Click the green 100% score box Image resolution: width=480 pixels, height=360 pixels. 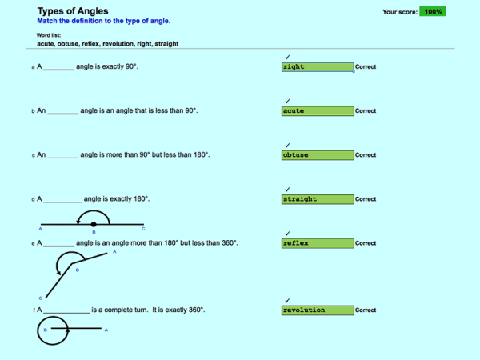click(x=433, y=12)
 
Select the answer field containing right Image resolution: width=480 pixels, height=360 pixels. click(x=318, y=67)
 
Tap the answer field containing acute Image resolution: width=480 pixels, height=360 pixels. click(x=318, y=111)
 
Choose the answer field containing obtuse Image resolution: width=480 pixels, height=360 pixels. click(x=318, y=155)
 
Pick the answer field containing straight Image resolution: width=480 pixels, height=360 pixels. click(x=318, y=199)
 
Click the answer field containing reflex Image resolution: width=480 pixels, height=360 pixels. click(x=318, y=243)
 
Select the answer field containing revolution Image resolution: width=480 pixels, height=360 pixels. click(x=318, y=310)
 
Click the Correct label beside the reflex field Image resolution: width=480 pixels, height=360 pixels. click(x=366, y=243)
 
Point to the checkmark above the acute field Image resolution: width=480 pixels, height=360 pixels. click(x=287, y=101)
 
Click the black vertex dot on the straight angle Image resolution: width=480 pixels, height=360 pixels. click(x=94, y=224)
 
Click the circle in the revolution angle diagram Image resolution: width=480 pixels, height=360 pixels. click(x=52, y=329)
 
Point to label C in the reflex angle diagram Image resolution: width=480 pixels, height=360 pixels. click(x=40, y=298)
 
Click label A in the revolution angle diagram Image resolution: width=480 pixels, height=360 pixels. click(x=106, y=330)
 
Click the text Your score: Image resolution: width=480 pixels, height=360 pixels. click(x=399, y=12)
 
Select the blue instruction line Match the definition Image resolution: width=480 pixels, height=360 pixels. click(x=103, y=22)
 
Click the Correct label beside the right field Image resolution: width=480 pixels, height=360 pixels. click(x=366, y=67)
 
